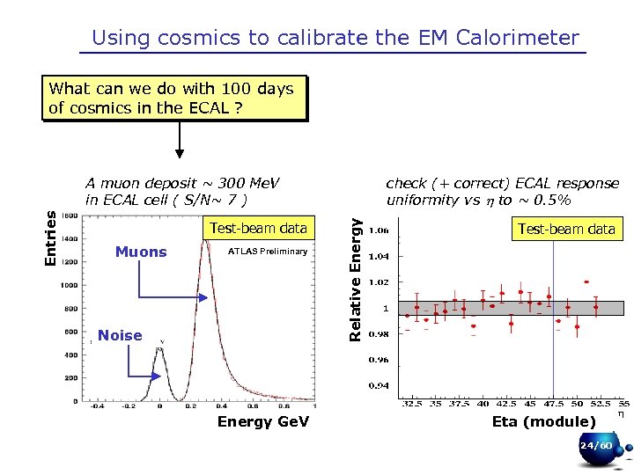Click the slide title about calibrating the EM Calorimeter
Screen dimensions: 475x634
tap(335, 38)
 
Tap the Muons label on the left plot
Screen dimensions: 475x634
tap(141, 252)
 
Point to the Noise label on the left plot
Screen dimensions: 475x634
tap(120, 335)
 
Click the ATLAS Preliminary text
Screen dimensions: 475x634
tap(268, 252)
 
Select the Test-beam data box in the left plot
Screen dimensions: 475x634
tap(258, 229)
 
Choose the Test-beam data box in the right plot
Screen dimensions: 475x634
tap(566, 230)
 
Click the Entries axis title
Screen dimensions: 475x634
tap(51, 236)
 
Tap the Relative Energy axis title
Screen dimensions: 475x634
tap(355, 279)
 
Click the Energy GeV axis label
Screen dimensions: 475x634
tap(263, 421)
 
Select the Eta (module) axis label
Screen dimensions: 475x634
tap(543, 421)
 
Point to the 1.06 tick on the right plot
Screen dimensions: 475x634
tap(380, 231)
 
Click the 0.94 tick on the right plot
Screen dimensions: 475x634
tap(380, 385)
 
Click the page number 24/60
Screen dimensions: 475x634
tap(596, 446)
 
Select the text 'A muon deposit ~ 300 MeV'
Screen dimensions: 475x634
tap(182, 184)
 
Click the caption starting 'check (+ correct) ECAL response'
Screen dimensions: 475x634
tap(503, 184)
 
